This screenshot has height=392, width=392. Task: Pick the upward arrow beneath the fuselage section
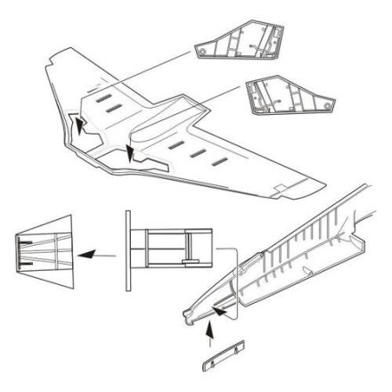coord(211,335)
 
